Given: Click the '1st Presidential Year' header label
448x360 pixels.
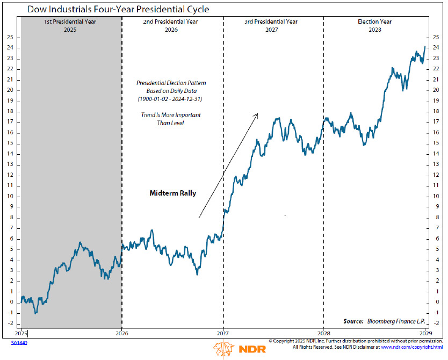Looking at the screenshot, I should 70,22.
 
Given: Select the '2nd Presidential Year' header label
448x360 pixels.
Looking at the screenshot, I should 171,22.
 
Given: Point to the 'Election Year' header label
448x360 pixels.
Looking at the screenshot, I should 374,22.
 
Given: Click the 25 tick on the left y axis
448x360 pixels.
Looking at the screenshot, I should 10,38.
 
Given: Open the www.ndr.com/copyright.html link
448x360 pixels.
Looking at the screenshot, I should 411,347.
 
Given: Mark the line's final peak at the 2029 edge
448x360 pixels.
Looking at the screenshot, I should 425,47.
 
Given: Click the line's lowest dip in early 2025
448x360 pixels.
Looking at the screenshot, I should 35,313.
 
